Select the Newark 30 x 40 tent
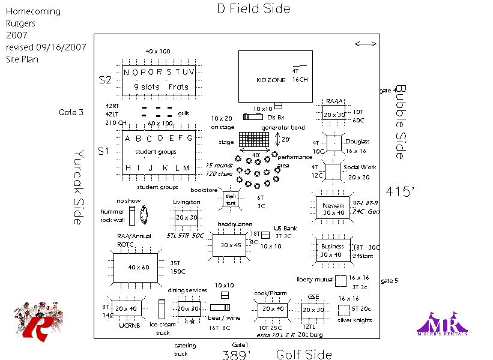334,209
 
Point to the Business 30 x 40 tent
333,250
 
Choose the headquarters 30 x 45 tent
231,245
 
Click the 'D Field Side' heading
253,9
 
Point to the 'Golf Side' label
304,354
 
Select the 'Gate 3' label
71,112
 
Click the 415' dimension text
401,192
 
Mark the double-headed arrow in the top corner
366,44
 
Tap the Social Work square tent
332,172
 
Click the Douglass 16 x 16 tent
333,144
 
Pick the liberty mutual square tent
340,281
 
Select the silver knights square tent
344,310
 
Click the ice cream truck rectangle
162,310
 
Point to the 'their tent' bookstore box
231,199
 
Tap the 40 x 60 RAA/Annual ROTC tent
135,268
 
